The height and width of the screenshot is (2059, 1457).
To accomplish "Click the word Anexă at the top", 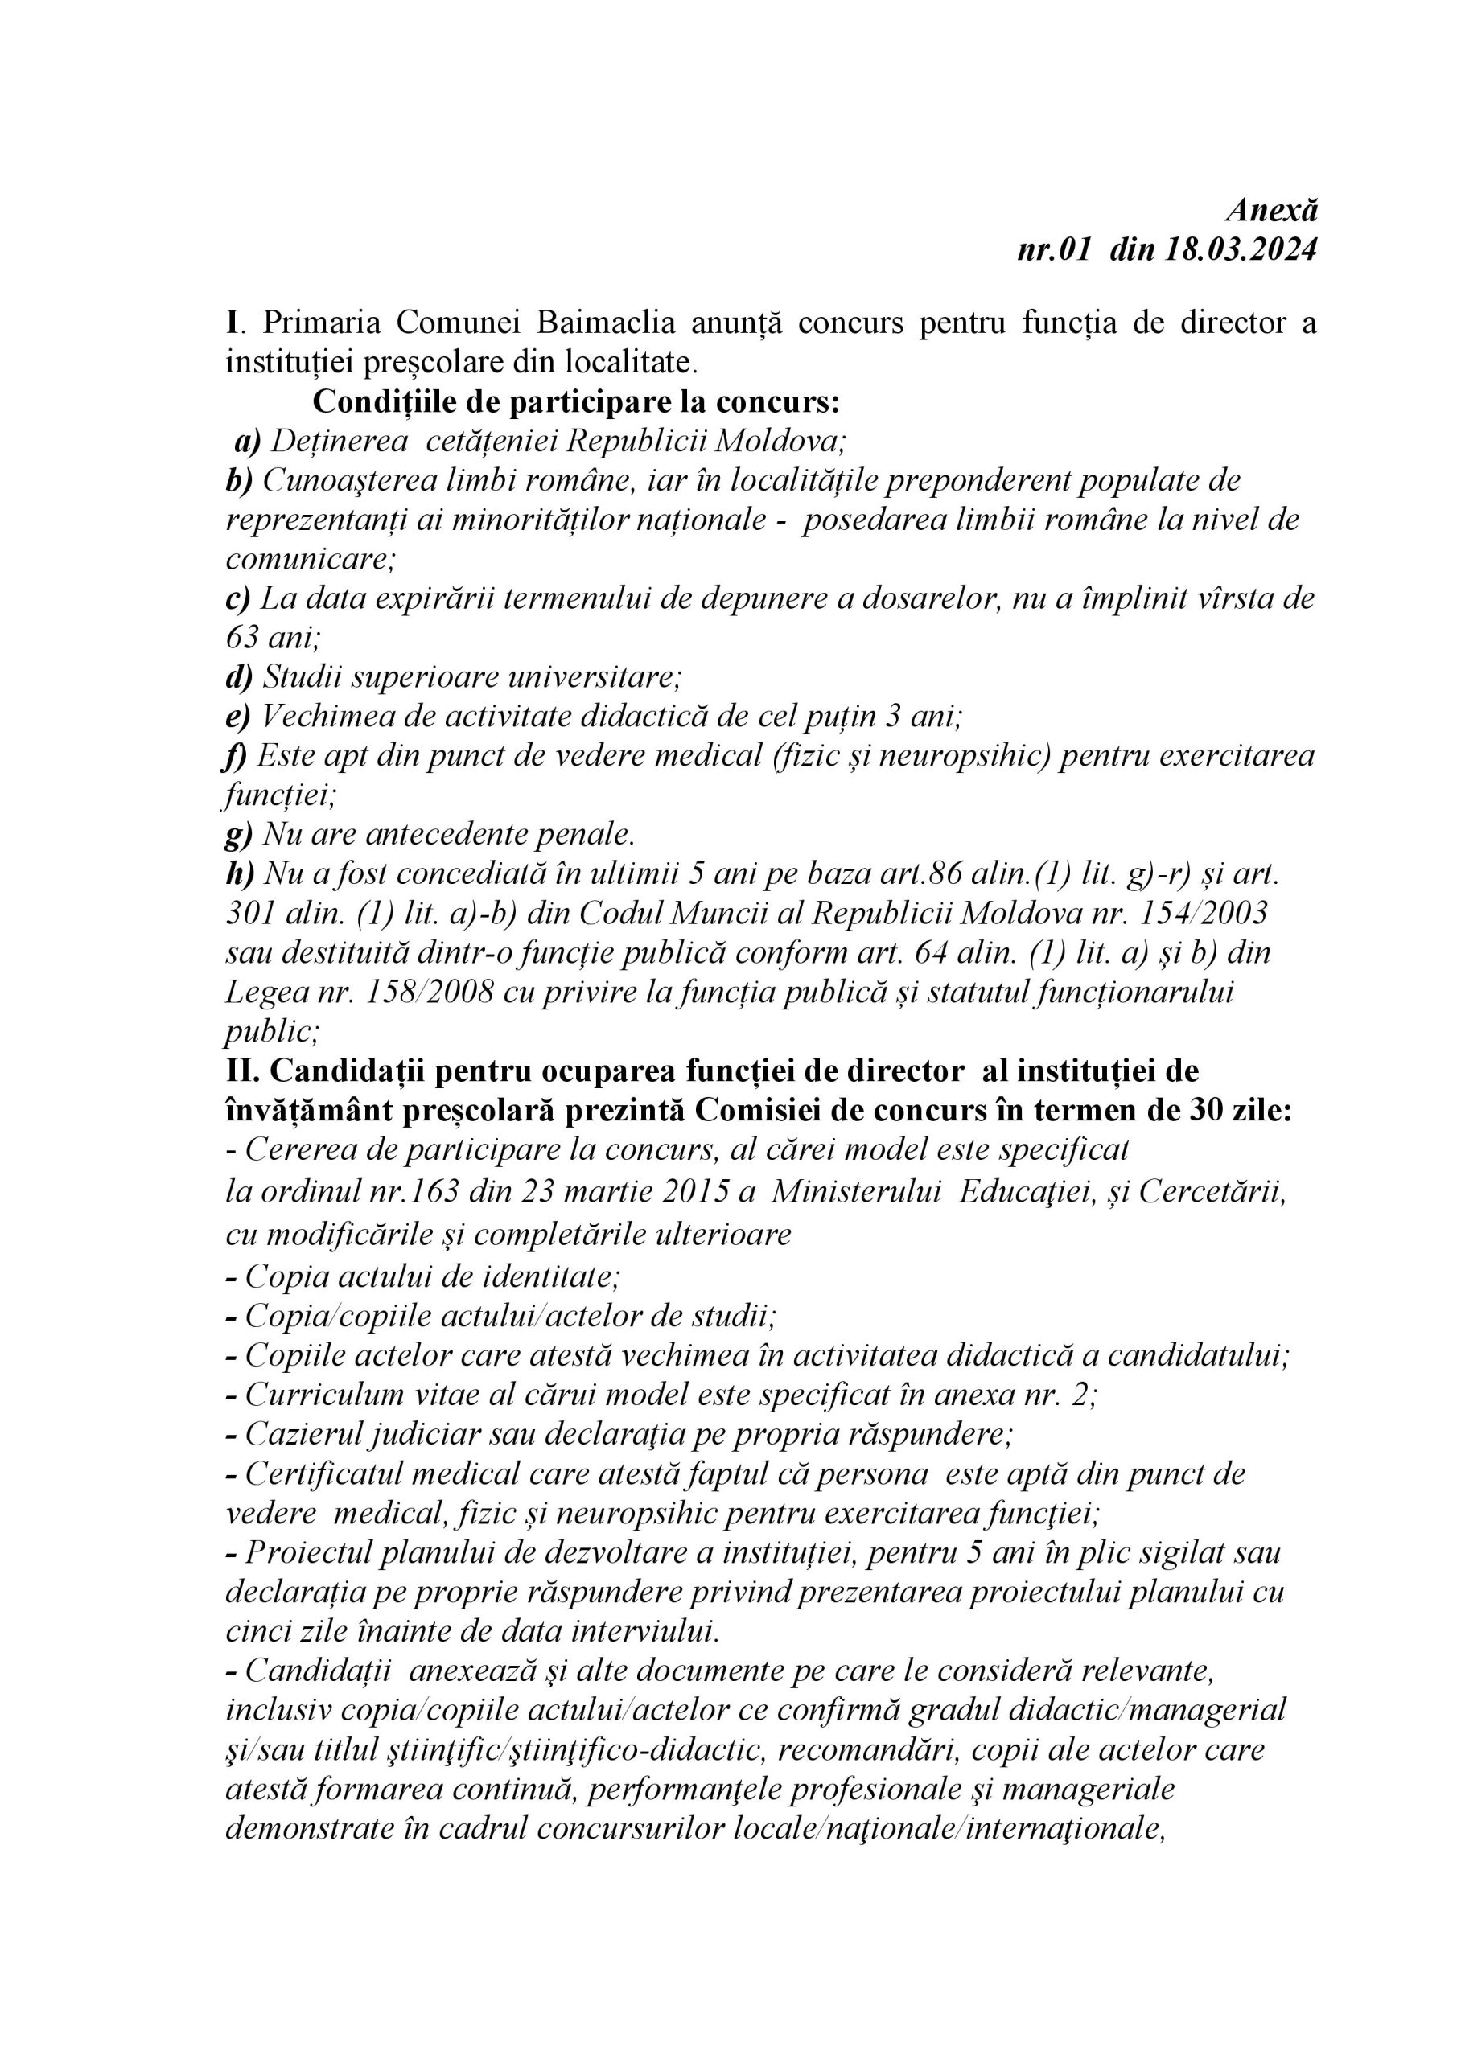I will point(1271,210).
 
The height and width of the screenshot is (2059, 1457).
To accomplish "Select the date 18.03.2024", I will point(1241,249).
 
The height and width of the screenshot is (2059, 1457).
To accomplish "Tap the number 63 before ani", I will point(241,637).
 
